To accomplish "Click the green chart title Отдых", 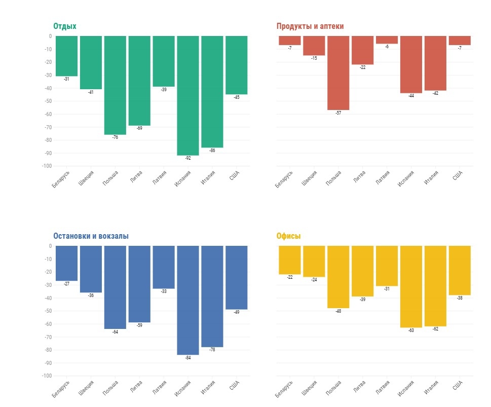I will click(65, 26).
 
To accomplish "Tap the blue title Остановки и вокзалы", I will click(91, 236).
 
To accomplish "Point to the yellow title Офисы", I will click(288, 236).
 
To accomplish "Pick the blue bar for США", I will click(237, 277).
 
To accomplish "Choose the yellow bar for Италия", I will click(435, 286).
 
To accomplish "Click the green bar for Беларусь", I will click(66, 56).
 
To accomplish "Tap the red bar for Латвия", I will click(387, 40).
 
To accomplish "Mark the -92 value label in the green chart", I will click(188, 158).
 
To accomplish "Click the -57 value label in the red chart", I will click(338, 113).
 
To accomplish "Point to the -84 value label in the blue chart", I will click(188, 358).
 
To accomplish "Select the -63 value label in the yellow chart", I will click(411, 330).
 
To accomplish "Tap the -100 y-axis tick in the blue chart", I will click(46, 376).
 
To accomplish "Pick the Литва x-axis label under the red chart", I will click(359, 177).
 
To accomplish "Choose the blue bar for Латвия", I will click(164, 267).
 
